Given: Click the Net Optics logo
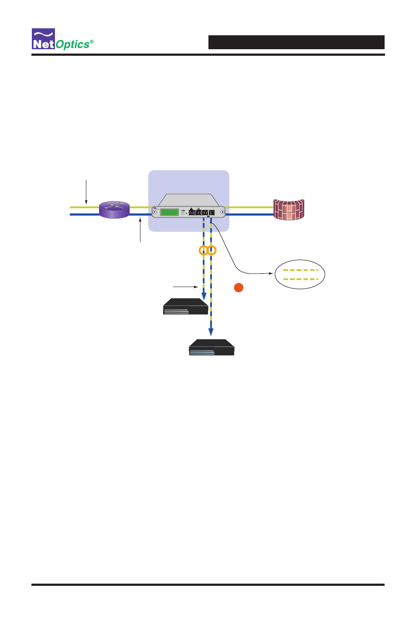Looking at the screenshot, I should [x=62, y=39].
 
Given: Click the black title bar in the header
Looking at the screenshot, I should [x=296, y=42].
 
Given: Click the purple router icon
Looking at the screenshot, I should [x=114, y=209].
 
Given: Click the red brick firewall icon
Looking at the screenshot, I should [x=288, y=209].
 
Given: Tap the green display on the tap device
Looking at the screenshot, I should [x=169, y=212].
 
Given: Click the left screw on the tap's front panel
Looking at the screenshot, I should [x=154, y=212].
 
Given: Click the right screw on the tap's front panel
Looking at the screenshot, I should [x=222, y=212].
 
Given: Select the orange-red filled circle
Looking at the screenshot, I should [x=239, y=287].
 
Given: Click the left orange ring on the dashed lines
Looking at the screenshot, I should [x=204, y=250].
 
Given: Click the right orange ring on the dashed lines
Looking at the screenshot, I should [x=211, y=250].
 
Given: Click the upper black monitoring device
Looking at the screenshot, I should [x=185, y=306].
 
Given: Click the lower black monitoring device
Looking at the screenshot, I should [x=211, y=347].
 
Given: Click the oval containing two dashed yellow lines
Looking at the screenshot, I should [x=300, y=274].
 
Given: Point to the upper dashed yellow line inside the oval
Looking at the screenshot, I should [x=300, y=270].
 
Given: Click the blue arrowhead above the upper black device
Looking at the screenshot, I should [x=204, y=296].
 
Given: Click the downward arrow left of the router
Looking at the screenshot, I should [x=86, y=192].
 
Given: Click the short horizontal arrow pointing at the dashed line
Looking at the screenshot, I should [x=186, y=287].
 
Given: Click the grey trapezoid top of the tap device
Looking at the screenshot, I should [x=188, y=200].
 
